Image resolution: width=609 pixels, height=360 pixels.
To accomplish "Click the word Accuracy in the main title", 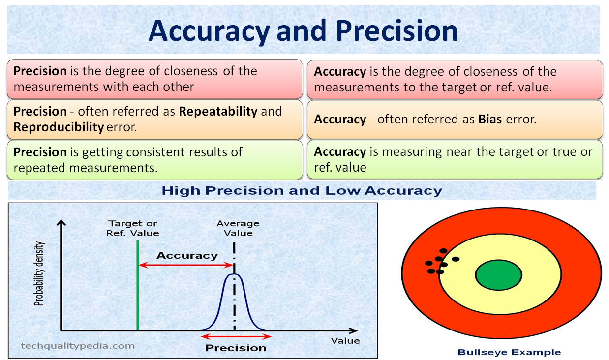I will coord(209,30).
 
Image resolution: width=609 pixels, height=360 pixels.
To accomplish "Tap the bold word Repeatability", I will coord(218,111).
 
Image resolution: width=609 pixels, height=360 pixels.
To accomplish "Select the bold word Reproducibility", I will coord(59,127).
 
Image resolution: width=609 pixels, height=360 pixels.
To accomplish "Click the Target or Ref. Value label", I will coord(133,228).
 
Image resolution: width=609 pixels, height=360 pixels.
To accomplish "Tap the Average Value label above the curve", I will coord(238,228).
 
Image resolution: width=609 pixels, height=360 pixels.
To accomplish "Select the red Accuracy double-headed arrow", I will coord(186,265).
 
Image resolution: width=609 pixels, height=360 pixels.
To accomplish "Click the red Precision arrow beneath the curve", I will coord(236,337).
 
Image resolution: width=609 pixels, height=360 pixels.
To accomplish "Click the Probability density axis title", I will coord(39,274).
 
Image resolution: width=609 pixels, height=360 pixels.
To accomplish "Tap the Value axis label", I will coord(345,341).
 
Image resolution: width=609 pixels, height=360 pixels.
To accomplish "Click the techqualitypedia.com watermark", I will coord(78,346).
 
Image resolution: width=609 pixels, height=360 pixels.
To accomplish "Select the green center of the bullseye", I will coord(499,275).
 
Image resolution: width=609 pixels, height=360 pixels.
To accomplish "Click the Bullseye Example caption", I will coord(509,352).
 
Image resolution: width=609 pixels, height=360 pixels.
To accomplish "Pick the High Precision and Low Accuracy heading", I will coord(302,191).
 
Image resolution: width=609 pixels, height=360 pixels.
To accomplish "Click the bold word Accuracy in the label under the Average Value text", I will coord(187,256).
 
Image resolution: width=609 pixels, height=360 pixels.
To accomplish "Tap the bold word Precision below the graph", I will coord(236,348).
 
